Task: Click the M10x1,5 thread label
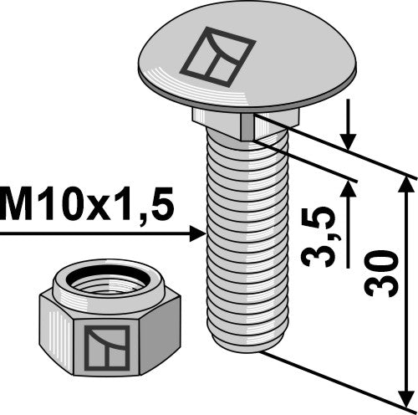pos(87,204)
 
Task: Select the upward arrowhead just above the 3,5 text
pos(349,190)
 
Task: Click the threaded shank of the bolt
pos(242,234)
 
